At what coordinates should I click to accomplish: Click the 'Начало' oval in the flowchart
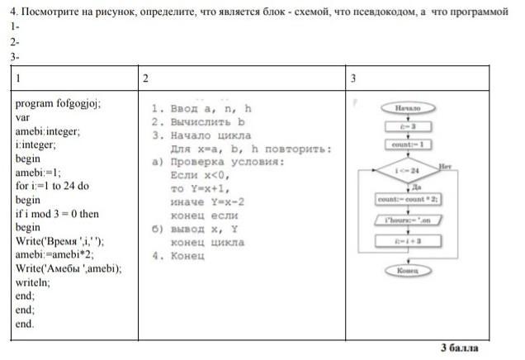coord(409,108)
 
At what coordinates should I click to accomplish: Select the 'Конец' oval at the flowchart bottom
coord(409,270)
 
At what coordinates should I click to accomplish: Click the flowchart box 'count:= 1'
coord(409,145)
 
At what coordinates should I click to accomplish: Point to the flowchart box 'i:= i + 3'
coord(409,240)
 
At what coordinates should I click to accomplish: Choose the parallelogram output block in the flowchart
coord(409,220)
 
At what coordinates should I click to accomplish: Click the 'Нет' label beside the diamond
coord(447,165)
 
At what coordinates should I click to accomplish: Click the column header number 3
coord(352,78)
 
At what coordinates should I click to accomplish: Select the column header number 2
coord(145,78)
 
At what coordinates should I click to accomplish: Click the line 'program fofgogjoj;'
coord(58,104)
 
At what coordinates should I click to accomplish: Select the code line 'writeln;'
coord(33,282)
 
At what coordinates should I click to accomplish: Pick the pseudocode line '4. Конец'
coord(179,256)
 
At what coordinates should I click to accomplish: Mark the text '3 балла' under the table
coord(460,348)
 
